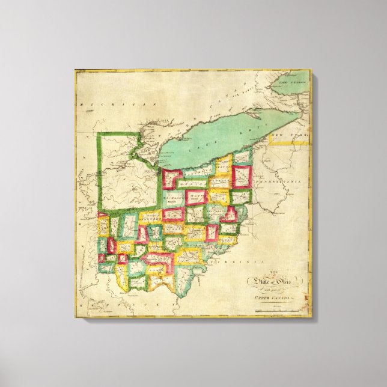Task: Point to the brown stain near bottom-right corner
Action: tap(307, 296)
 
